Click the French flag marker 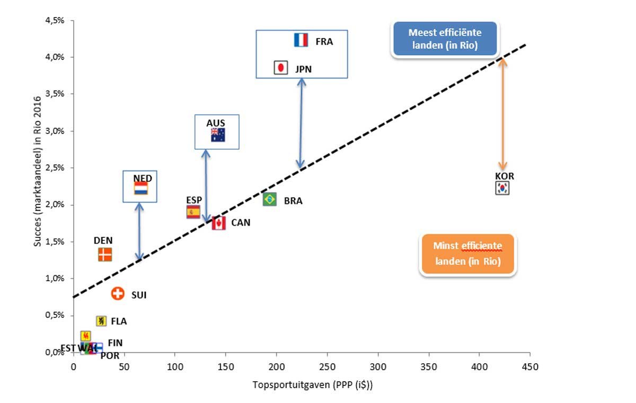tap(301, 40)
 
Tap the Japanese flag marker tap(280, 68)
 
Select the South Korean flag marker tap(502, 188)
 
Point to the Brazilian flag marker tap(269, 199)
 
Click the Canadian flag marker tap(218, 223)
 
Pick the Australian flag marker tap(218, 135)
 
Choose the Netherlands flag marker tap(140, 189)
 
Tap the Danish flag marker tap(105, 255)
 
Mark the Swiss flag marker tap(118, 294)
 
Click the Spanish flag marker tap(193, 212)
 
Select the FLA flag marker tap(101, 321)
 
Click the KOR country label tap(504, 176)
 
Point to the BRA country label tap(293, 201)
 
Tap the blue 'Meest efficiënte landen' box tap(444, 39)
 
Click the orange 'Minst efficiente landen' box tap(467, 254)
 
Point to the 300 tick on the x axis tap(377, 366)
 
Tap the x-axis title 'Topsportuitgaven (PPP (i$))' tap(312, 386)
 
